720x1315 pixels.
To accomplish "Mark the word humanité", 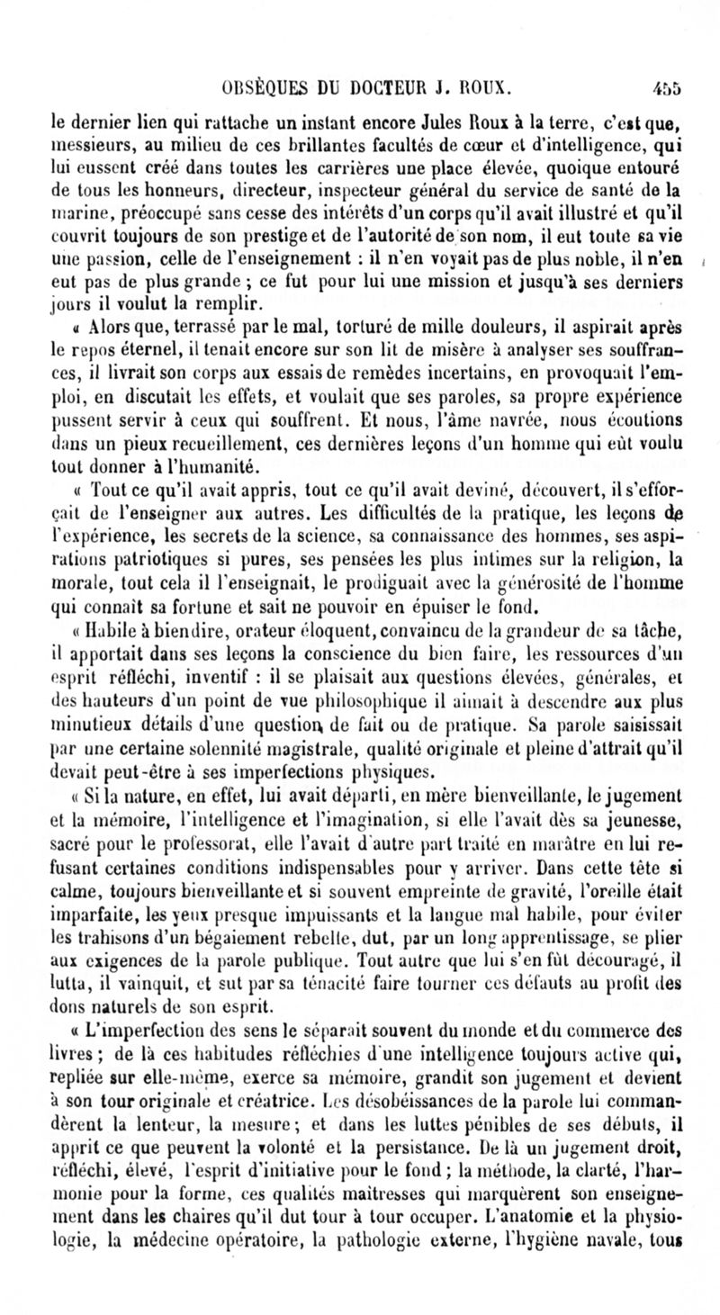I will coord(218,465).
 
